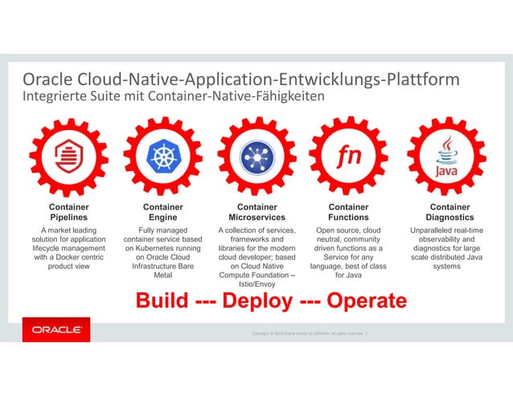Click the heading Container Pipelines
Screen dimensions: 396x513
coord(68,212)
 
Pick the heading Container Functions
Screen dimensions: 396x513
coord(348,212)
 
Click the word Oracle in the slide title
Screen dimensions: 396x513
coord(51,80)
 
